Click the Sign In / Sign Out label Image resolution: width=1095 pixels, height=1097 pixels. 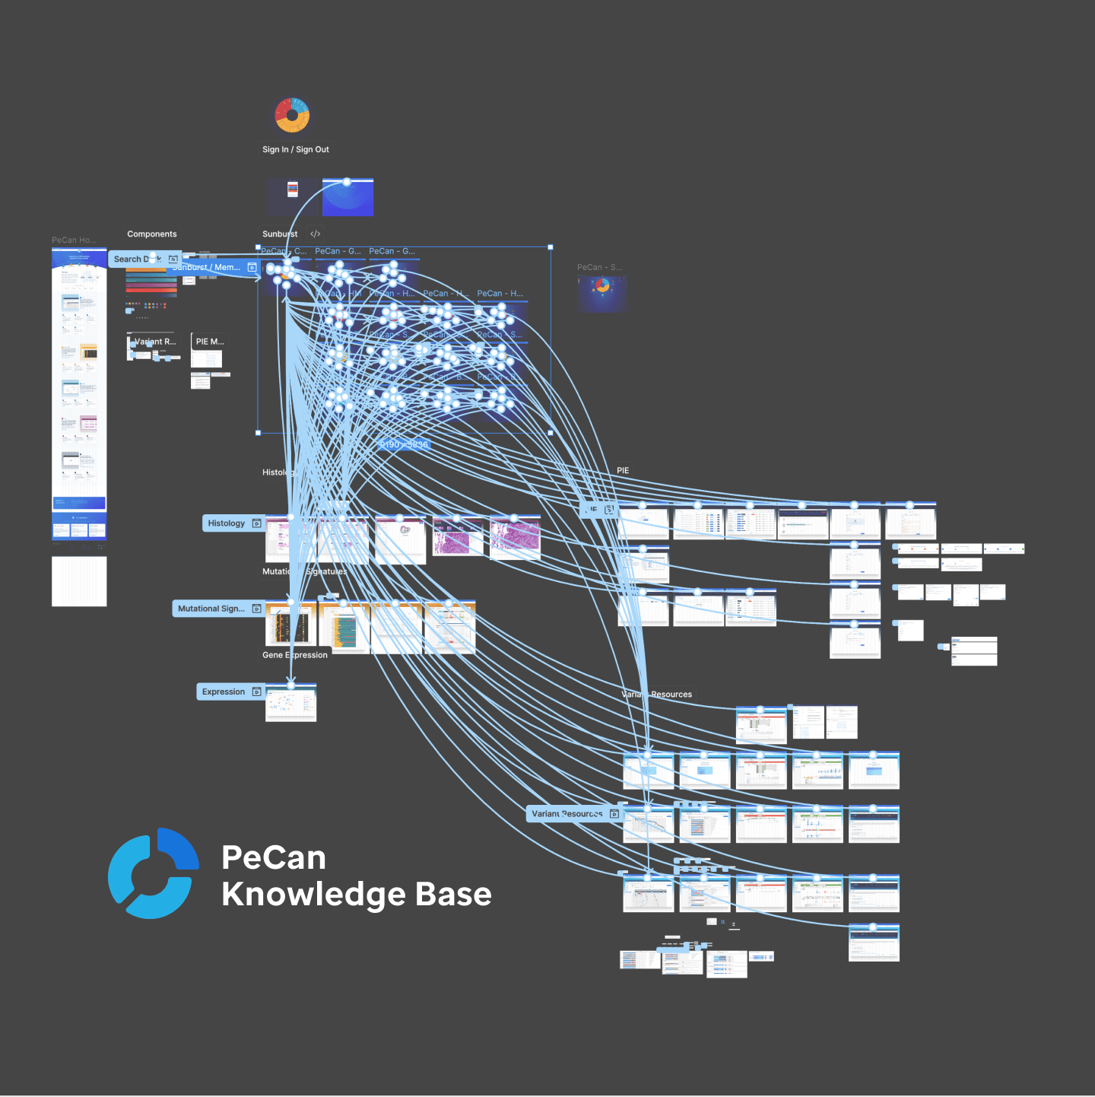(x=295, y=150)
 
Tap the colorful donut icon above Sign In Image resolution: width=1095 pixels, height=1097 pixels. (x=292, y=115)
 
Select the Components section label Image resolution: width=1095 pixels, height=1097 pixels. (x=151, y=234)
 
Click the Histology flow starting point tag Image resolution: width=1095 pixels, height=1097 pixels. (x=227, y=523)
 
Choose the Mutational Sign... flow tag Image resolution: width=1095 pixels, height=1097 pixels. (x=211, y=609)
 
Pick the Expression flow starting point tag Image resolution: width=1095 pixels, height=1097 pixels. (x=224, y=692)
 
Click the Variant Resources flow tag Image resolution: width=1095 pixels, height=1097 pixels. (x=567, y=814)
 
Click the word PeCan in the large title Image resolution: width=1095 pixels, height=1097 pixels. (x=274, y=857)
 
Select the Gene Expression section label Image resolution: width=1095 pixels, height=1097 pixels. (x=295, y=655)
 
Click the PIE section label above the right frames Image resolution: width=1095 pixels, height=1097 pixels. (x=623, y=471)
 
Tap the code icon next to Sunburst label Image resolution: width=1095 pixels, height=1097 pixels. (x=316, y=234)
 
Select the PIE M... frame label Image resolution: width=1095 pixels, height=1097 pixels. (x=210, y=342)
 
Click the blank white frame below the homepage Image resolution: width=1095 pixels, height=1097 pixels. (x=79, y=581)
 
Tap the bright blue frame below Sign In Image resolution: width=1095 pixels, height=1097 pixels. (x=348, y=198)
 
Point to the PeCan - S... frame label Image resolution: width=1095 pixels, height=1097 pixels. (x=599, y=268)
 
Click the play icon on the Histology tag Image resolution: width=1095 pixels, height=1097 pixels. (x=257, y=523)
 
